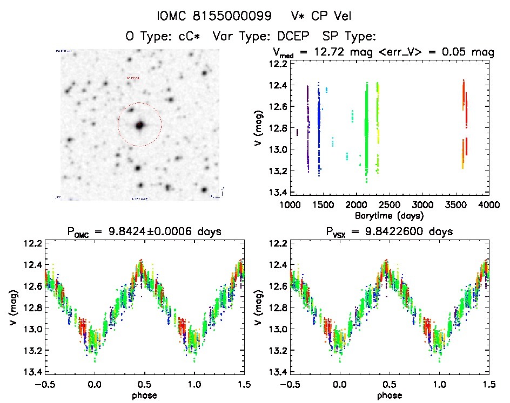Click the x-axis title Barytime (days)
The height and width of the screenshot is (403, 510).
point(389,215)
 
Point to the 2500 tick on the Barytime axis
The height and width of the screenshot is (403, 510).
point(389,205)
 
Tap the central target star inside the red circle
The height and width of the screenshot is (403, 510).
point(140,125)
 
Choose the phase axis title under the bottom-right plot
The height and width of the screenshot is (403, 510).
point(389,395)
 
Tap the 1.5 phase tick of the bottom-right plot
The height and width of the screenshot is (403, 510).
point(488,384)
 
